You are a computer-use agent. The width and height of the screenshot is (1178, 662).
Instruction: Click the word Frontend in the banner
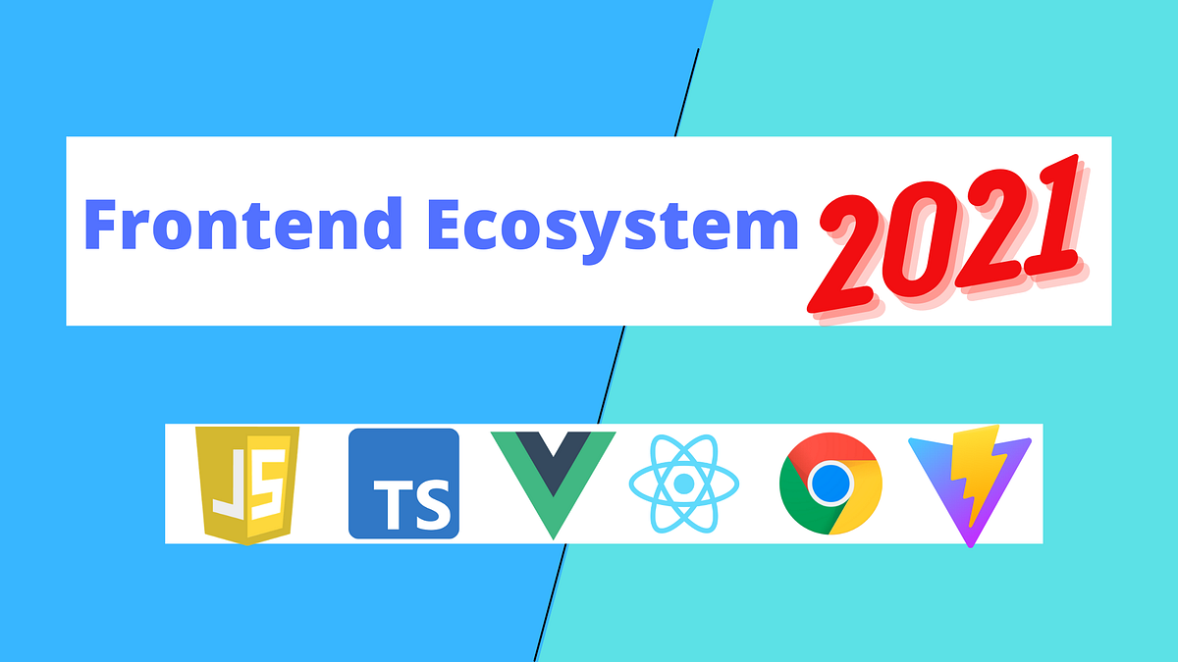[x=241, y=225]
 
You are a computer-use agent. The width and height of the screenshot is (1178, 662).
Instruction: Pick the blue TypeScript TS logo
[x=403, y=483]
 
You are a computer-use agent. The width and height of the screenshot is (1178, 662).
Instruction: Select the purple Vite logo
[x=970, y=484]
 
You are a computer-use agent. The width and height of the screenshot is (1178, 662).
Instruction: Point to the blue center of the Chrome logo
[x=830, y=483]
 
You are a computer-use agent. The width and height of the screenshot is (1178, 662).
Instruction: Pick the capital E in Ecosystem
[x=443, y=225]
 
